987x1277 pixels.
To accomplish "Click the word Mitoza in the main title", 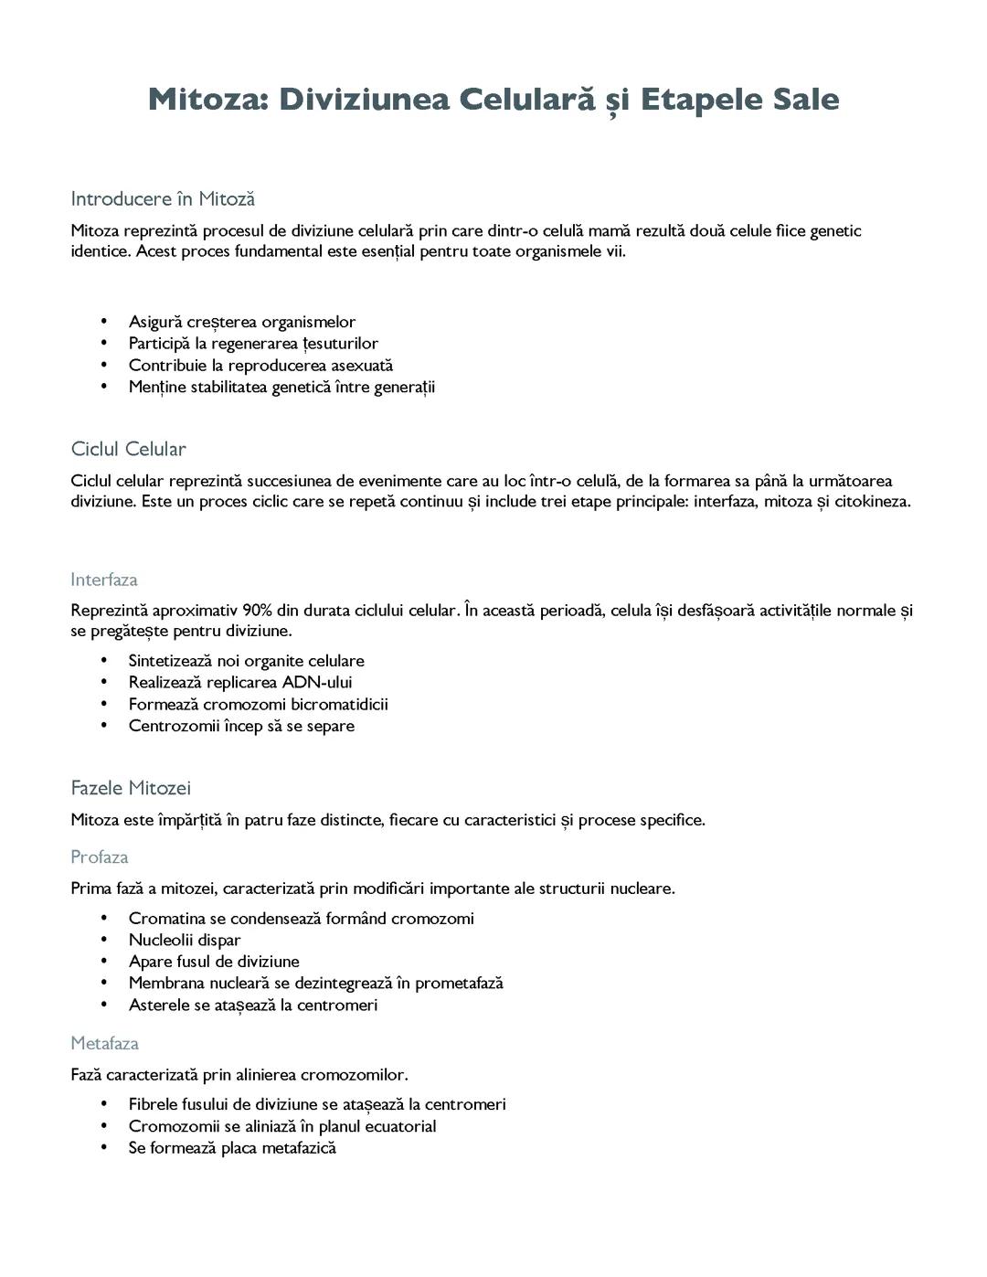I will pos(207,99).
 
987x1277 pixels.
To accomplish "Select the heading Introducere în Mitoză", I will pos(163,198).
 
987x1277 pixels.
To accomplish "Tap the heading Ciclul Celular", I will pos(128,449).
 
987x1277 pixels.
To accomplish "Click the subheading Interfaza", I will pos(104,580).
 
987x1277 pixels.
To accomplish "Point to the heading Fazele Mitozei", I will pos(131,788).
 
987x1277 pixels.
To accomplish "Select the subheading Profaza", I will pos(100,857).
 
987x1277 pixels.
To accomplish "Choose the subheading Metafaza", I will pos(105,1043).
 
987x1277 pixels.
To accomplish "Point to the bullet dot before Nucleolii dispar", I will pos(105,940).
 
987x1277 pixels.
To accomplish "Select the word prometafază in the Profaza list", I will pos(459,983).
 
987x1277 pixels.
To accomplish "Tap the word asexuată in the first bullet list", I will pos(362,365).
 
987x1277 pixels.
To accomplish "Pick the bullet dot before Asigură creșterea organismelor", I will pos(105,322).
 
